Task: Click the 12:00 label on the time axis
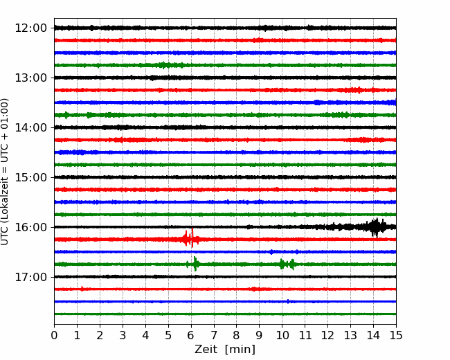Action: coord(30,28)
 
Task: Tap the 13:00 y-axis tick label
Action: coord(30,78)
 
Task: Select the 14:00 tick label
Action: coord(30,127)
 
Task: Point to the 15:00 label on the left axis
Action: coord(30,177)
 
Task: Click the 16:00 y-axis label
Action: coord(30,227)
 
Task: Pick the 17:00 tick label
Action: coord(30,277)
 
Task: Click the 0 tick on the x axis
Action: coord(54,335)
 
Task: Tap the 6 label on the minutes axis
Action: coord(191,335)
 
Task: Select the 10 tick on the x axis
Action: coord(282,335)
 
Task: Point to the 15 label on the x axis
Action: coord(396,335)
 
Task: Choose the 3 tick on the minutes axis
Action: coord(123,335)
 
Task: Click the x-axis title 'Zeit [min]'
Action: coord(225,350)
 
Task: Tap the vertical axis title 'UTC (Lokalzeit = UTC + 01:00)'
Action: coord(5,172)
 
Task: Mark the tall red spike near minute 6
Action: coord(192,237)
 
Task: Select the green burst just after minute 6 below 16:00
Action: coord(195,264)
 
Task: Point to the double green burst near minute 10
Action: coord(287,264)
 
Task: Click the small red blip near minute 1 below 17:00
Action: coord(82,289)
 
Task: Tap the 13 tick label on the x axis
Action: coord(350,335)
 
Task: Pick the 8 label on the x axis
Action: coord(237,335)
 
